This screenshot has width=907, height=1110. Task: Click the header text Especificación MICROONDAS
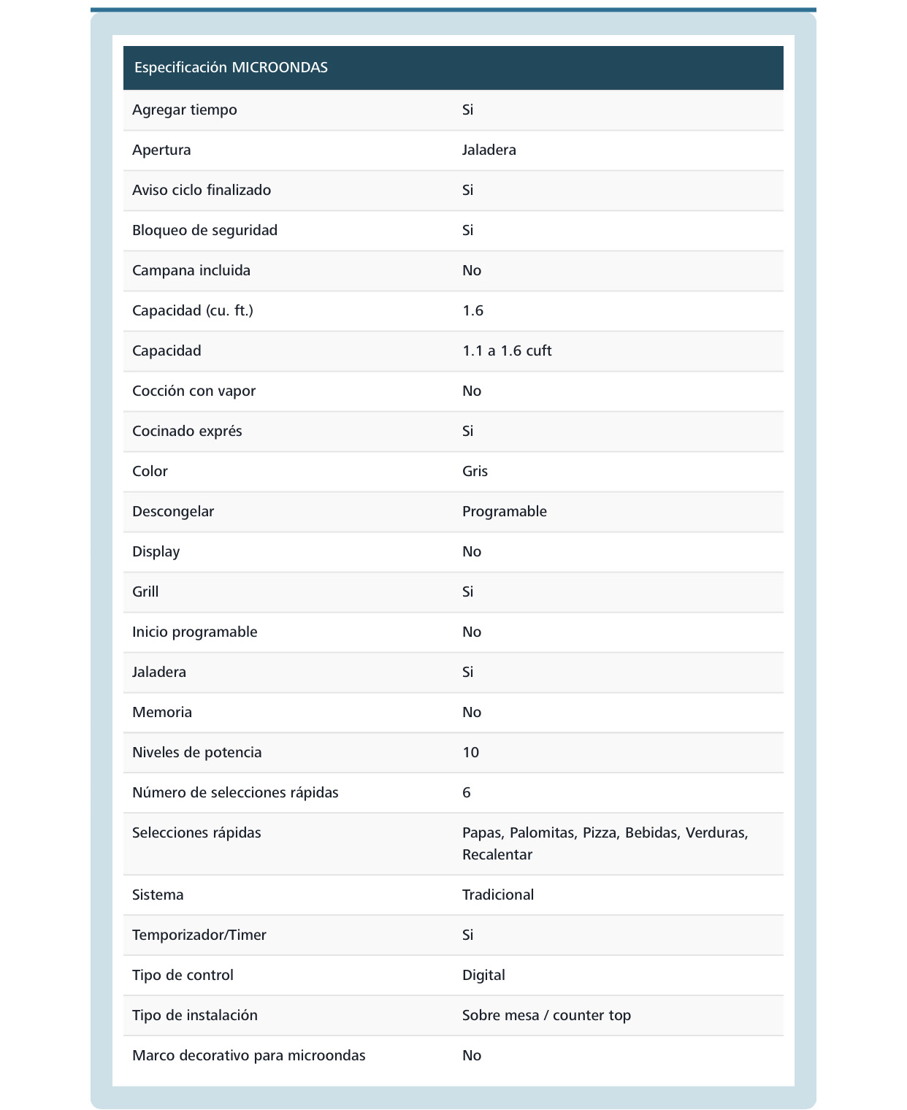pyautogui.click(x=231, y=68)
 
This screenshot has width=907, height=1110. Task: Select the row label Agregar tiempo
pyautogui.click(x=185, y=110)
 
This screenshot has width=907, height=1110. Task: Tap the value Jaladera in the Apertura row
pyautogui.click(x=489, y=150)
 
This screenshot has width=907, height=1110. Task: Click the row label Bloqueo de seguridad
pyautogui.click(x=204, y=231)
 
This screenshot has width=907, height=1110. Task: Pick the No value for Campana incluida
pyautogui.click(x=471, y=271)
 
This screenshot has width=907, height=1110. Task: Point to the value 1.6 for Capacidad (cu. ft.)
pyautogui.click(x=472, y=311)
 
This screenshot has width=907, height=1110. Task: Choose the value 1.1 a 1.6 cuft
pyautogui.click(x=507, y=351)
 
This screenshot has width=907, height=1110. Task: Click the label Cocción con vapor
pyautogui.click(x=194, y=391)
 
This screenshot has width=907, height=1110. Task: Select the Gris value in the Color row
pyautogui.click(x=475, y=472)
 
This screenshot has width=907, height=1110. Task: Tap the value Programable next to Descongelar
pyautogui.click(x=504, y=512)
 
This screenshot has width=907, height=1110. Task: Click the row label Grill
pyautogui.click(x=145, y=592)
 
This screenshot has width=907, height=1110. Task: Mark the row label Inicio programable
pyautogui.click(x=194, y=632)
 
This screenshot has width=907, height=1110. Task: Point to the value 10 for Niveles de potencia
pyautogui.click(x=470, y=753)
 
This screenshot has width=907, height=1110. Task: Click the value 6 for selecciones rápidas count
pyautogui.click(x=467, y=793)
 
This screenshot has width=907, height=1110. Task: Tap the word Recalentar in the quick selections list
pyautogui.click(x=497, y=855)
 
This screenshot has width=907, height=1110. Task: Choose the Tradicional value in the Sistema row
pyautogui.click(x=497, y=895)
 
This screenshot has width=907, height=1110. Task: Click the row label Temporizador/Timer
pyautogui.click(x=199, y=935)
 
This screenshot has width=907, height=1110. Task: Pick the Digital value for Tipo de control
pyautogui.click(x=483, y=976)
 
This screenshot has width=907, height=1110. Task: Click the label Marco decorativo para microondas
pyautogui.click(x=248, y=1056)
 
